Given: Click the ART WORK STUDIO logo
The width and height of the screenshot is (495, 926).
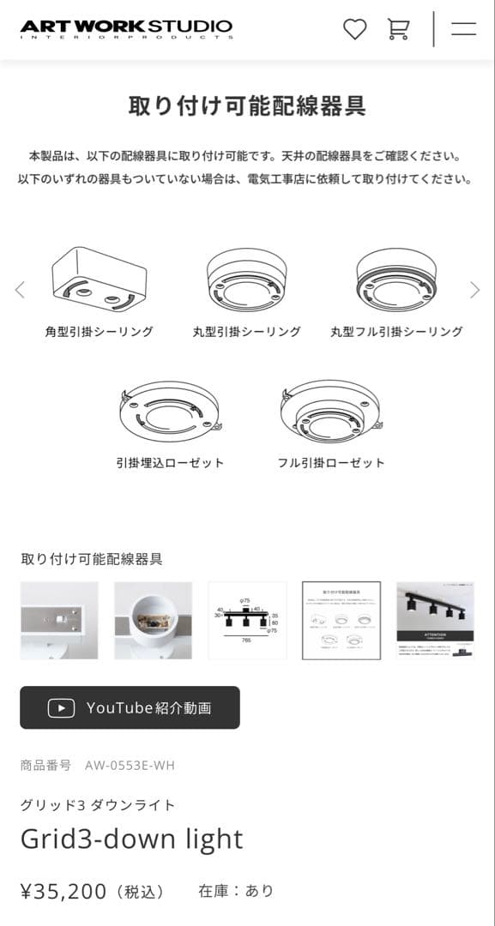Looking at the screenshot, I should [126, 29].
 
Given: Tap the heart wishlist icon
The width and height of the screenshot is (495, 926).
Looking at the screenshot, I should [354, 29].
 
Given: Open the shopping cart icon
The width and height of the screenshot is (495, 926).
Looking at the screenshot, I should [398, 29].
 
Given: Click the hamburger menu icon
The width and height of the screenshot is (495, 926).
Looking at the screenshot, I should [463, 29].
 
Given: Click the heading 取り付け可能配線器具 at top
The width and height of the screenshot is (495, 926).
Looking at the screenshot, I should [247, 106].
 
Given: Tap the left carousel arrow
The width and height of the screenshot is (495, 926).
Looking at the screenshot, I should [20, 290].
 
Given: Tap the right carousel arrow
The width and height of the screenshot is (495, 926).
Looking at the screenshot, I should [474, 290].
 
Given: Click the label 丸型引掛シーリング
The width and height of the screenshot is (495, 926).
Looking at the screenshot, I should [246, 332].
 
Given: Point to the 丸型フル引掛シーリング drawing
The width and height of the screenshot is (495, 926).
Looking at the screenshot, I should [396, 280].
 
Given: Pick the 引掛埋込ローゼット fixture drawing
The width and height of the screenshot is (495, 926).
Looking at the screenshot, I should [170, 412].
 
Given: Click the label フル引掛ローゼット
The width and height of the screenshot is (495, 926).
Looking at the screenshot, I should [331, 463].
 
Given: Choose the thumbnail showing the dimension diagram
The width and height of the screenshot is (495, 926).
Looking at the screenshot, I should [247, 620].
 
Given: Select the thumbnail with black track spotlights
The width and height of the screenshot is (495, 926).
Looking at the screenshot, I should [435, 620].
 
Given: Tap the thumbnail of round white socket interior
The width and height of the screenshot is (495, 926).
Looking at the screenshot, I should [153, 620].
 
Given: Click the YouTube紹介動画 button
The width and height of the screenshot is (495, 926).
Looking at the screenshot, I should [130, 707].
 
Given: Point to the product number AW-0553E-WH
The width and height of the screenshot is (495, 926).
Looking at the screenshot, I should [130, 765].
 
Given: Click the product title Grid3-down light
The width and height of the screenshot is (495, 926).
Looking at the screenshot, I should [131, 839].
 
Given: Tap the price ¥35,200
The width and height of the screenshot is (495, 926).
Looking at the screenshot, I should [63, 892].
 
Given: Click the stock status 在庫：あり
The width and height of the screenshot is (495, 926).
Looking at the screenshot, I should [236, 892].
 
